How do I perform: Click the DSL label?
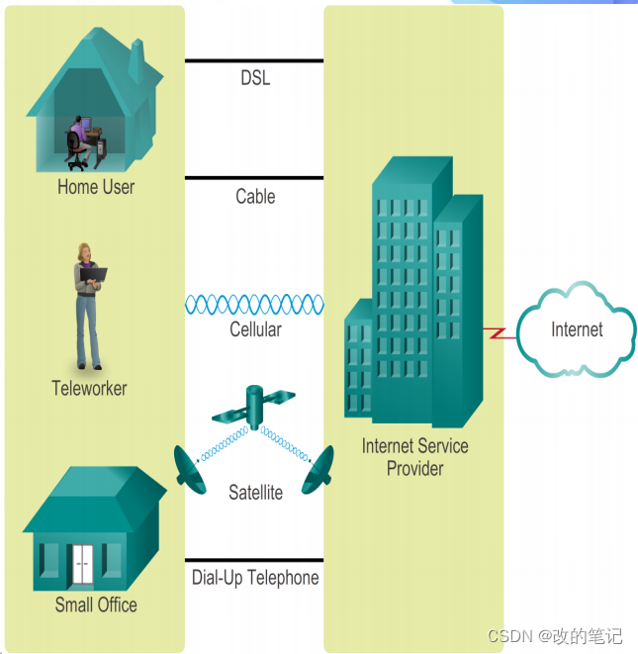pyautogui.click(x=254, y=78)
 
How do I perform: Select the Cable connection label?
pyautogui.click(x=255, y=196)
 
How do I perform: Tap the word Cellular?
pyautogui.click(x=255, y=329)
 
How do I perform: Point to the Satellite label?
pyautogui.click(x=255, y=492)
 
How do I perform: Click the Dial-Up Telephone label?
pyautogui.click(x=255, y=577)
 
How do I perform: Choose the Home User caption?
pyautogui.click(x=96, y=186)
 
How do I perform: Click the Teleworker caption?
pyautogui.click(x=89, y=388)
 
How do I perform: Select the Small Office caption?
pyautogui.click(x=96, y=605)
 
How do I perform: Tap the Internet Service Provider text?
pyautogui.click(x=414, y=457)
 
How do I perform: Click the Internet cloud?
pyautogui.click(x=576, y=329)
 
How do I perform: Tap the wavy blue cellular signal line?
pyautogui.click(x=254, y=304)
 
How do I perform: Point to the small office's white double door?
pyautogui.click(x=81, y=563)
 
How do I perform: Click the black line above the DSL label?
pyautogui.click(x=254, y=60)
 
